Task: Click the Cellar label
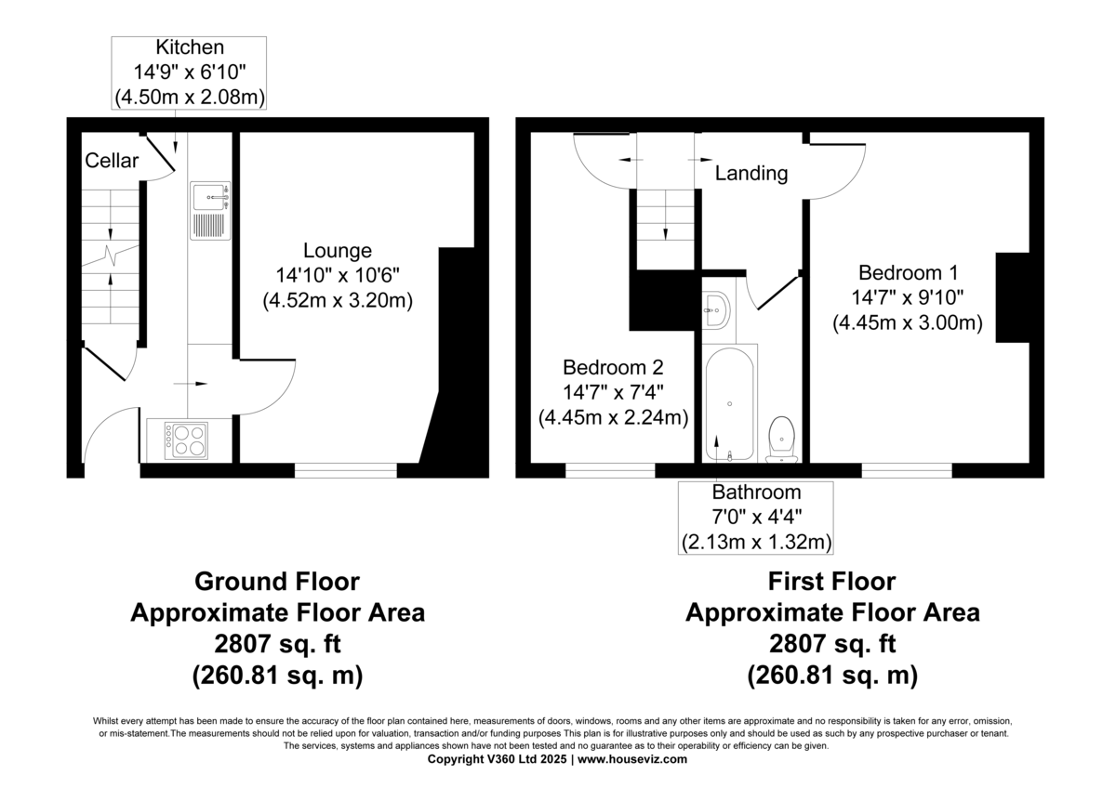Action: (x=112, y=161)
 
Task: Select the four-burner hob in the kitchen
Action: (x=186, y=440)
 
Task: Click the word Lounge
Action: (x=338, y=250)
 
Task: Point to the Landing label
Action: (x=751, y=173)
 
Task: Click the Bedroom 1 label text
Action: (x=908, y=273)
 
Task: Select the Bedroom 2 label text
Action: (x=613, y=366)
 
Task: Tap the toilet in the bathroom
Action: (x=781, y=437)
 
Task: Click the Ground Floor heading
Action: (x=277, y=582)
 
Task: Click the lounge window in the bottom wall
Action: (x=345, y=470)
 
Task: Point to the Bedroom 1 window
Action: (x=906, y=470)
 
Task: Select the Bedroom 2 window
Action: (x=609, y=470)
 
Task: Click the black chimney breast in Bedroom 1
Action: (x=1013, y=297)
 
